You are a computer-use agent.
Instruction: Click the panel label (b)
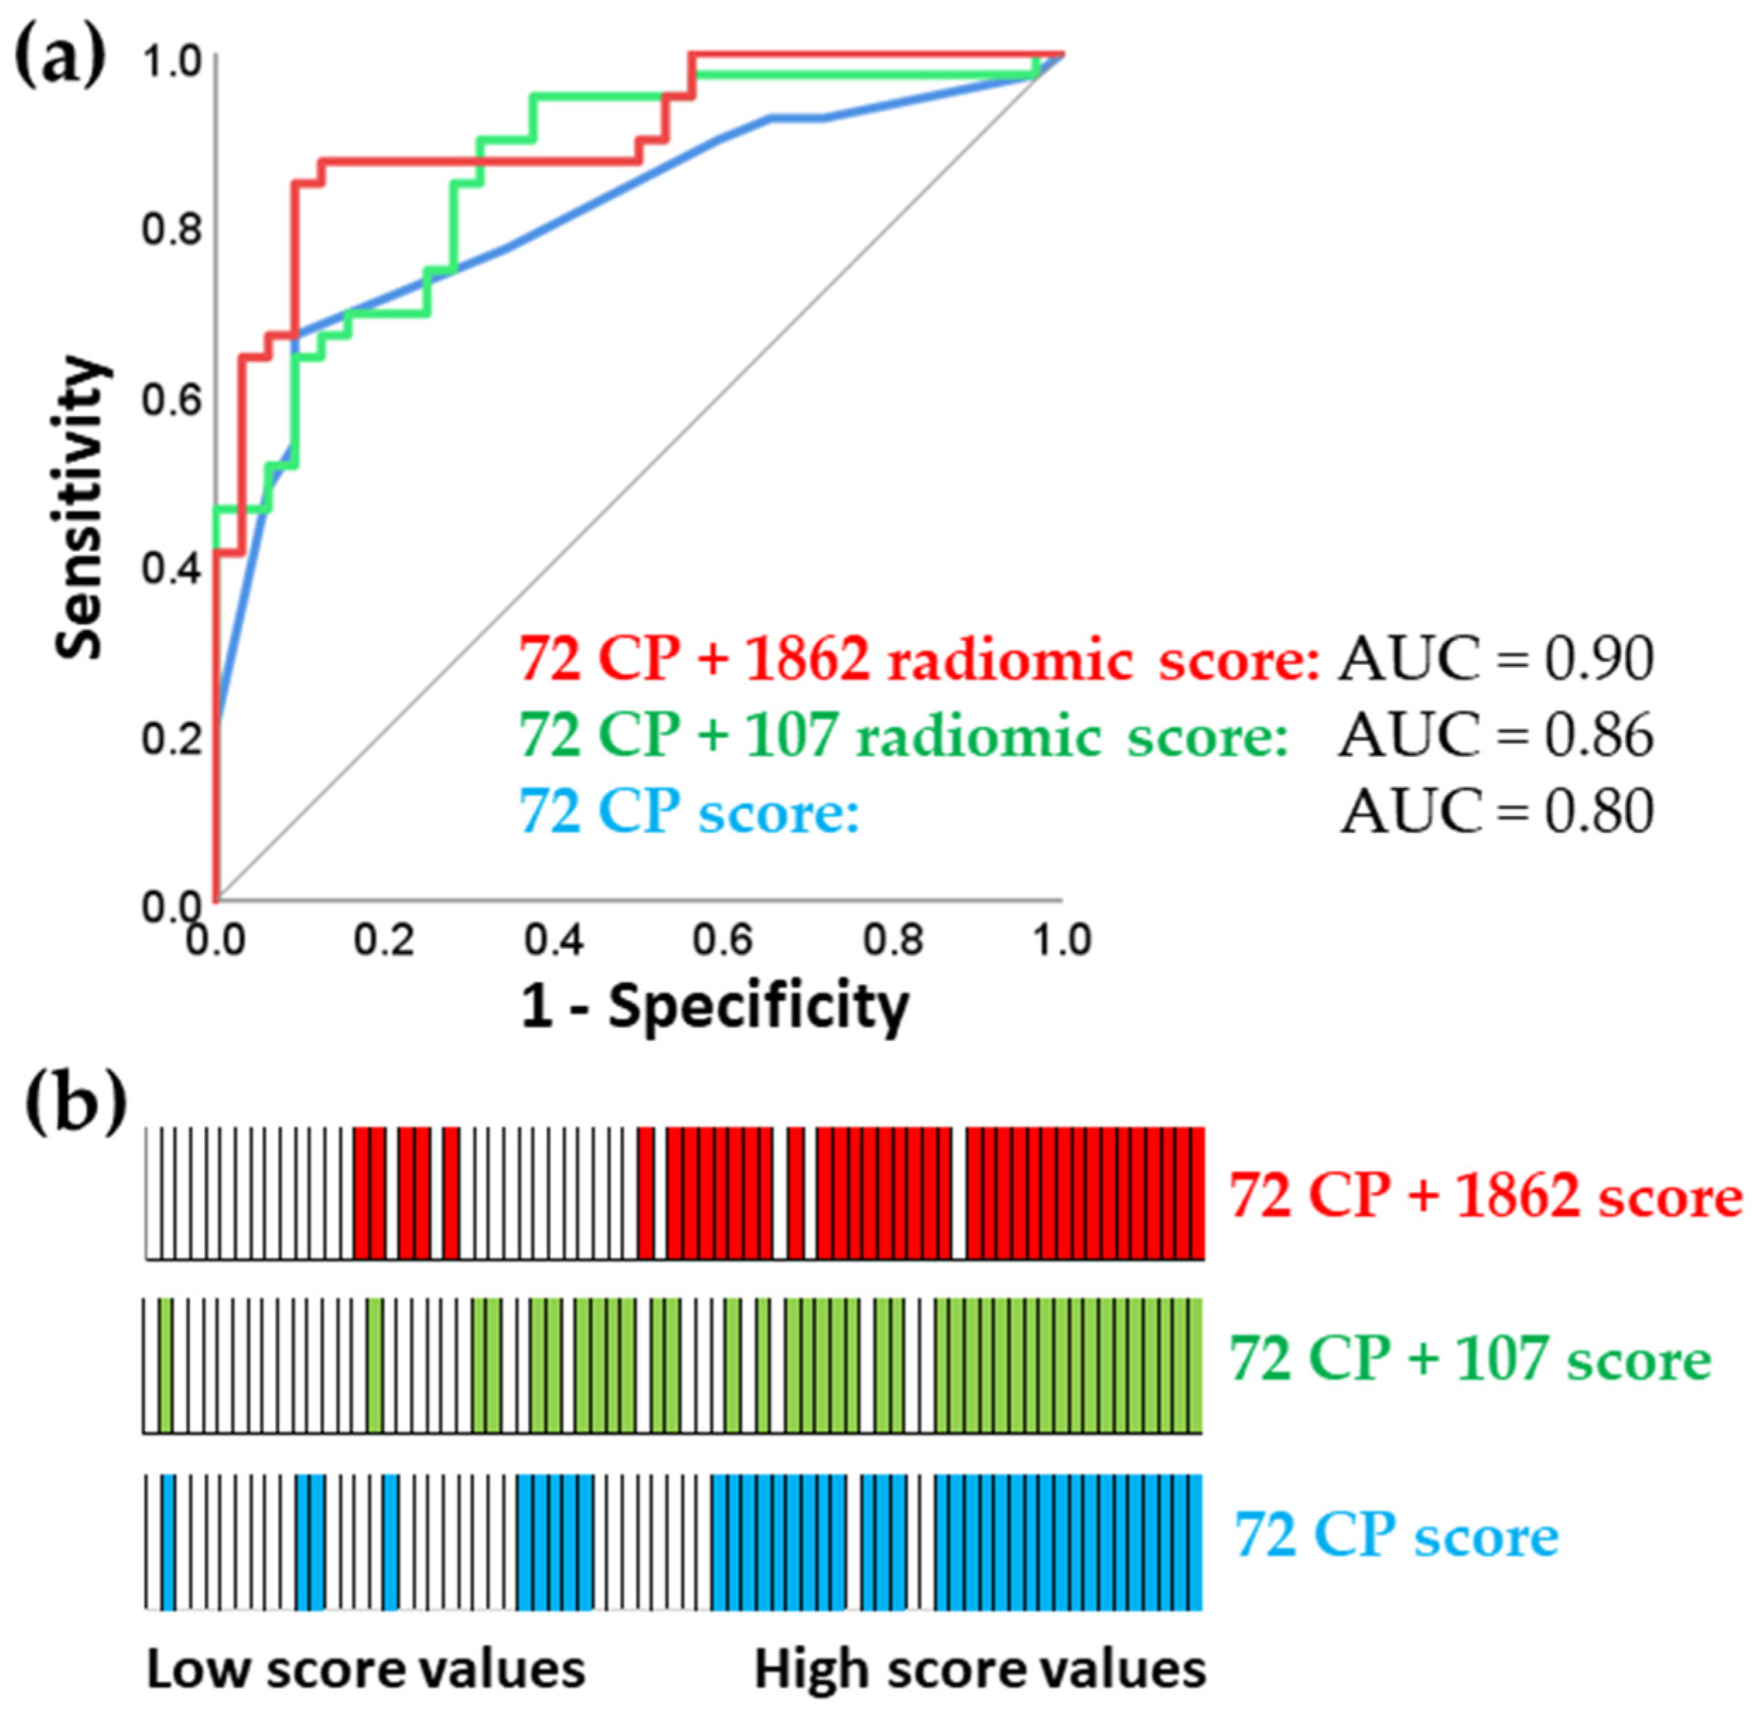(75, 1109)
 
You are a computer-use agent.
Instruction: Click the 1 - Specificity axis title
(715, 1006)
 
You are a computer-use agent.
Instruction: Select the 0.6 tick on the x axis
(722, 940)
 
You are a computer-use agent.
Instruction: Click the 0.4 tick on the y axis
(171, 569)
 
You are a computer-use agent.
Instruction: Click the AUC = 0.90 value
(1496, 659)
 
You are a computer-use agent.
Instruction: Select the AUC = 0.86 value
(1496, 735)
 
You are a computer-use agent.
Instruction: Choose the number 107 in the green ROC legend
(791, 735)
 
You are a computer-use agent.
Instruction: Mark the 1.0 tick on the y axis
(171, 61)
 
